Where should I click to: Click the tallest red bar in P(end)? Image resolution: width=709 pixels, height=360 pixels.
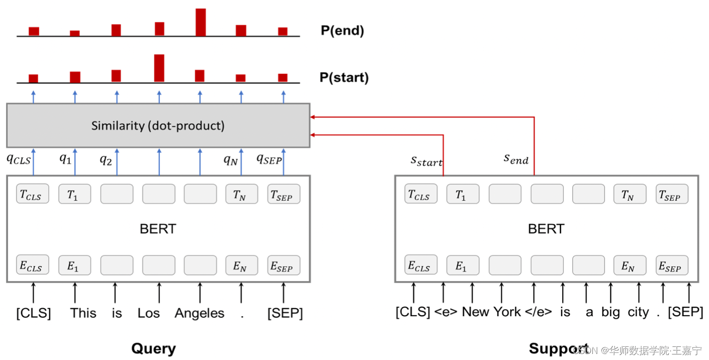coord(201,22)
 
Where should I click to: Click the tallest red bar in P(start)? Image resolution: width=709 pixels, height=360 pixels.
coord(159,68)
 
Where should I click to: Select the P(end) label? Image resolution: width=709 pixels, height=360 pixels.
coord(342,31)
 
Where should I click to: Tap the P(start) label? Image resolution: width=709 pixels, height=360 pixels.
coord(344,78)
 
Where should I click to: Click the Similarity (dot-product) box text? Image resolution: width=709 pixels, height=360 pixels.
coord(158,126)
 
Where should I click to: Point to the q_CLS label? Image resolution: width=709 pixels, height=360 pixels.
coord(18,159)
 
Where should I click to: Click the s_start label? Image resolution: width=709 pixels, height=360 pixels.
coord(426,161)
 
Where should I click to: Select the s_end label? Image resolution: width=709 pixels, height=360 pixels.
coord(516,159)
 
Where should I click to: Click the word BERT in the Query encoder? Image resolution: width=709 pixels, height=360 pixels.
coord(158,229)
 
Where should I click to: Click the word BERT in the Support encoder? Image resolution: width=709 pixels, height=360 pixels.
coord(546,229)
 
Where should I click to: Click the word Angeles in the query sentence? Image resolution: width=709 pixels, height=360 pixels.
coord(200,313)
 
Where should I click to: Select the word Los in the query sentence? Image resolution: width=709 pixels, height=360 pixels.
coord(149,313)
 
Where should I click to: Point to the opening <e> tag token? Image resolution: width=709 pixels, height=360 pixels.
coord(446,312)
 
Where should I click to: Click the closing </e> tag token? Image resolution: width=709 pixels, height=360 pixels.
coord(538,312)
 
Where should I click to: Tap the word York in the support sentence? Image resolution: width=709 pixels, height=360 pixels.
coord(506,312)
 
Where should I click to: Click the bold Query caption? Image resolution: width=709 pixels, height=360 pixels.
coord(153,348)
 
